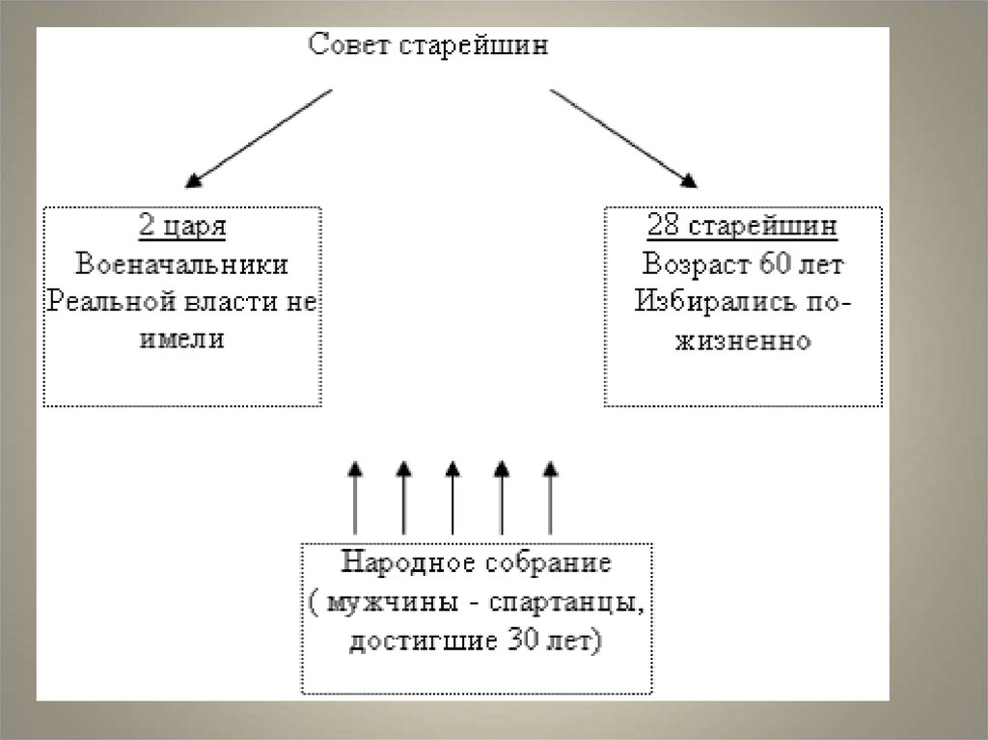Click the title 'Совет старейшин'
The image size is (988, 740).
tap(427, 46)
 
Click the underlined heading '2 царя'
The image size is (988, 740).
tap(182, 229)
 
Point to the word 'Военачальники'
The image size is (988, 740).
tap(182, 265)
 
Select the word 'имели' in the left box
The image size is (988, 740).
tap(182, 339)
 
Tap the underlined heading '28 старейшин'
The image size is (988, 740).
tap(742, 229)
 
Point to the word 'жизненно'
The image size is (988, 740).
tap(742, 341)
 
